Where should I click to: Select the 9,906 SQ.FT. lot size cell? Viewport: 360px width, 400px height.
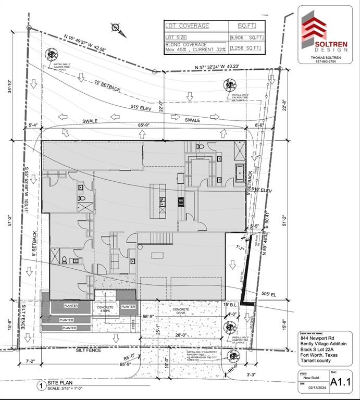pyautogui.click(x=247, y=37)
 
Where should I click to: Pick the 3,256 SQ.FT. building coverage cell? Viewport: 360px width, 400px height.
pyautogui.click(x=247, y=48)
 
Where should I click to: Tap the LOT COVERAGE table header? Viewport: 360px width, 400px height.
pyautogui.click(x=188, y=26)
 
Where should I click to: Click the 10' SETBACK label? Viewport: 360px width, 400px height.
pyautogui.click(x=108, y=86)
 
